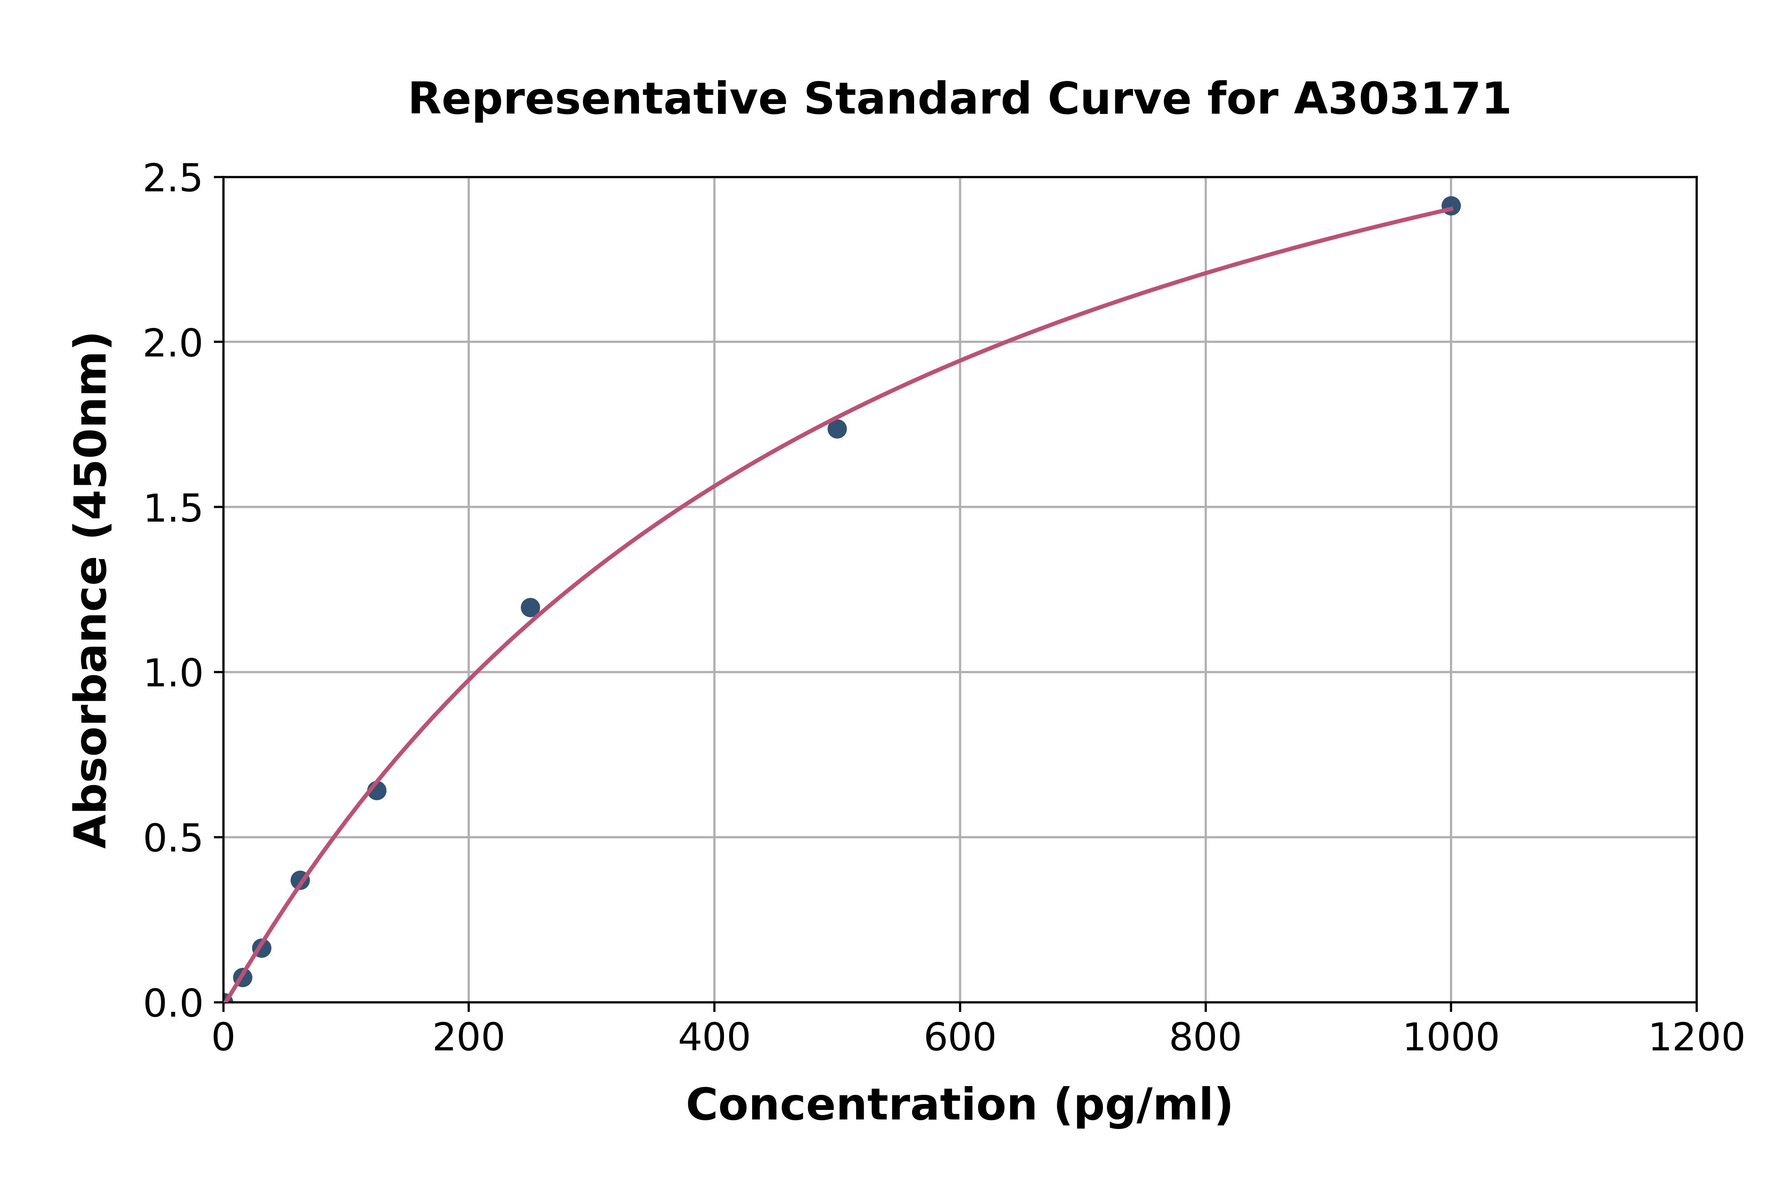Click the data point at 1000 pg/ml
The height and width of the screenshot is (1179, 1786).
[1451, 205]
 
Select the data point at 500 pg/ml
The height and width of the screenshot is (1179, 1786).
[837, 429]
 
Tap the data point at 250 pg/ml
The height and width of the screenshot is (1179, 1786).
[530, 607]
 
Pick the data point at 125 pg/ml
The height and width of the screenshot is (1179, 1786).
[377, 790]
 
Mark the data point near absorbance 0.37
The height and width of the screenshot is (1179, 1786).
[300, 880]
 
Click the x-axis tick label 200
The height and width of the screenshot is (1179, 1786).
[468, 1038]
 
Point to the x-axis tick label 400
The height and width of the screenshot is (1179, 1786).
[714, 1038]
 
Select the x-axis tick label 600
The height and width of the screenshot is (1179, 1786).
[960, 1038]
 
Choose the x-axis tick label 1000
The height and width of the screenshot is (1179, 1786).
[1451, 1038]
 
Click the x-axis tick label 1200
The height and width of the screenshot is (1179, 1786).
[1696, 1038]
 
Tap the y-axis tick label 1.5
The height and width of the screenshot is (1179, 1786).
[173, 508]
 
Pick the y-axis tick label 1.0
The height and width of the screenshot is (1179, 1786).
[173, 673]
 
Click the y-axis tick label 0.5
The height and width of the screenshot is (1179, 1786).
[173, 838]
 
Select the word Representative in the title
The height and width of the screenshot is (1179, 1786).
[598, 99]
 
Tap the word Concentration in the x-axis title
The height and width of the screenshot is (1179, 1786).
[861, 1105]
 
